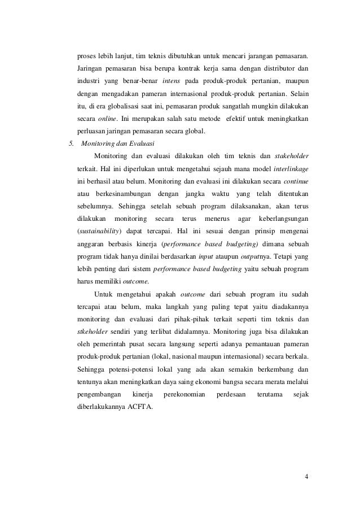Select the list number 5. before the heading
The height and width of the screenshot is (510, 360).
71,143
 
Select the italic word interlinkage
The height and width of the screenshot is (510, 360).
291,169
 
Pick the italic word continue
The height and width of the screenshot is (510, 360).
295,181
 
